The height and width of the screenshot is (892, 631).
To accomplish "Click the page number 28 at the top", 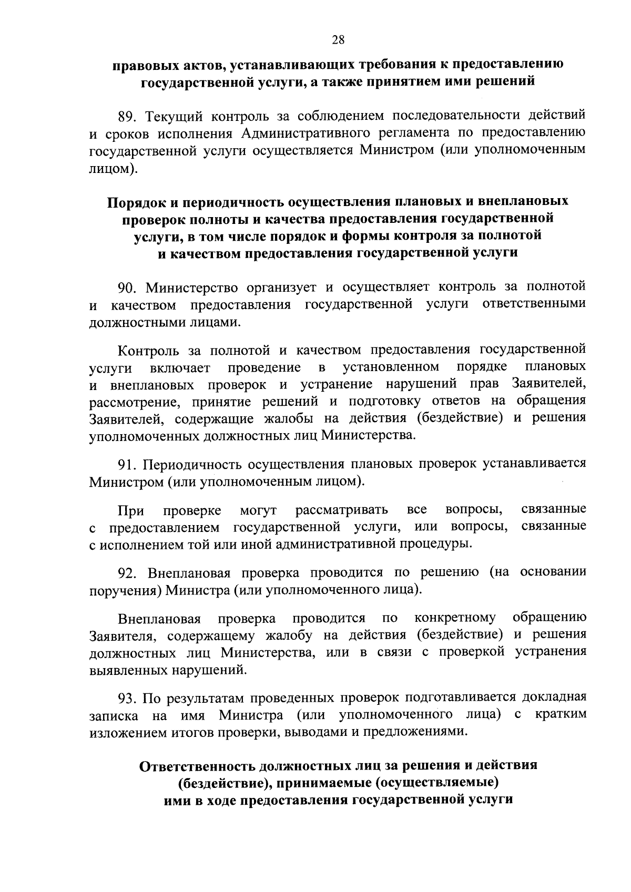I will coord(338,39).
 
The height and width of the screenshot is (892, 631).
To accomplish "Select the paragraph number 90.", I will coord(128,287).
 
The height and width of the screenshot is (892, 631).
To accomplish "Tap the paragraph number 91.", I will coord(128,464).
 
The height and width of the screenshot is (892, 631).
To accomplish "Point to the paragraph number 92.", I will coord(129,572).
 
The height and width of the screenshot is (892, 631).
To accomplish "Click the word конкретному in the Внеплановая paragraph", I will coord(455,617).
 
